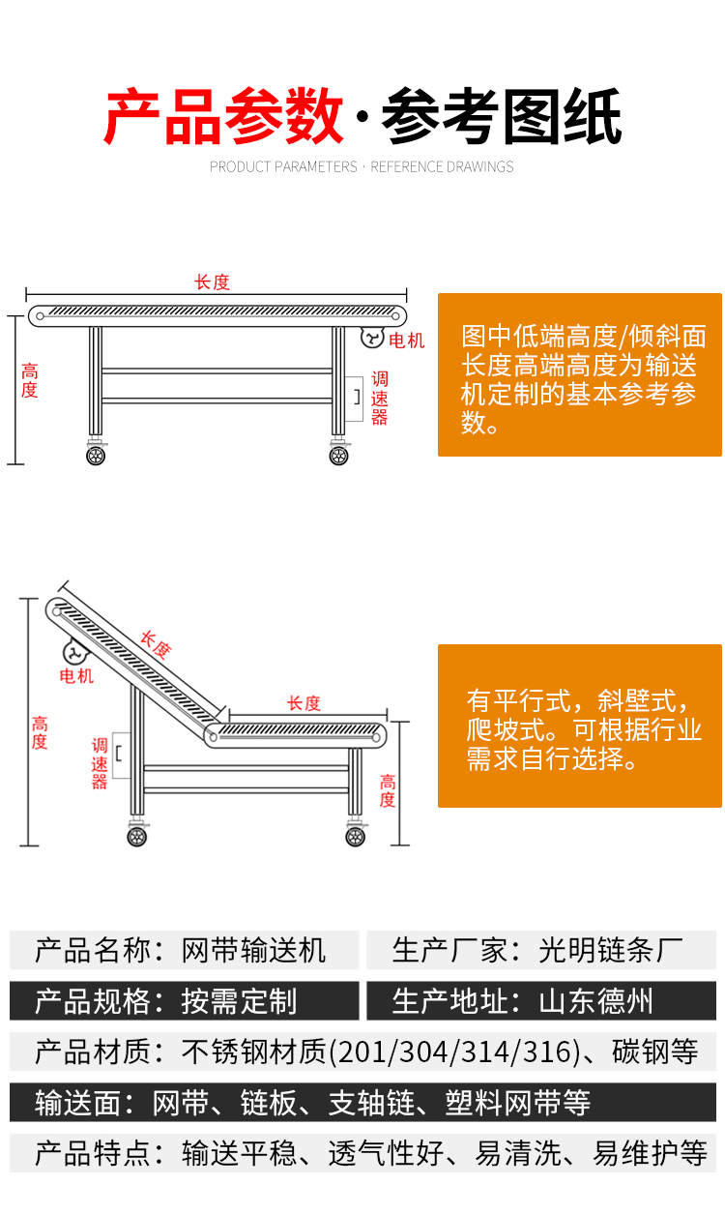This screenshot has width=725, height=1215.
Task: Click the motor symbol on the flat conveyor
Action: [372, 338]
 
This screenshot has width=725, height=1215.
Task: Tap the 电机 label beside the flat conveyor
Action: [406, 341]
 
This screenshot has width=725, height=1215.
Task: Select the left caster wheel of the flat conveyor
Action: [96, 456]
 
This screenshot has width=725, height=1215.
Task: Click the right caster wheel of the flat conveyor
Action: [338, 456]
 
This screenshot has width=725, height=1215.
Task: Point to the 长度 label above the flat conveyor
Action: [213, 282]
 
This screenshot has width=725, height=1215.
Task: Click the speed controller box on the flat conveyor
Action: [354, 399]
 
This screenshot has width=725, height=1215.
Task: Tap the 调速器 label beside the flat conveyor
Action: [379, 399]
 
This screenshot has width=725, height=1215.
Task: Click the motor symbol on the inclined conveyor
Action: [75, 654]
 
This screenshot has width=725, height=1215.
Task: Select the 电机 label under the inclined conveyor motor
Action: [76, 676]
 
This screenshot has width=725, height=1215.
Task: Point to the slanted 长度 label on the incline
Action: [156, 644]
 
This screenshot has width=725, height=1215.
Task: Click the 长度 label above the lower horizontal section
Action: [304, 703]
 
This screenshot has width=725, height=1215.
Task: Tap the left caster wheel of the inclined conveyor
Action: [137, 837]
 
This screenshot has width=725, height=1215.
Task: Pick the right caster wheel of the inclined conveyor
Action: [356, 837]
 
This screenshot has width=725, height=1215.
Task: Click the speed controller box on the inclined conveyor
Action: [122, 756]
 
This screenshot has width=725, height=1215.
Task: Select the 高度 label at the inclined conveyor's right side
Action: [388, 791]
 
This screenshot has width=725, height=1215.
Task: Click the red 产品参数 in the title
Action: [224, 116]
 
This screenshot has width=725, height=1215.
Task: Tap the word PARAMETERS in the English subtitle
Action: [320, 166]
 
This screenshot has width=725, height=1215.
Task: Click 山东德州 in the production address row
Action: [596, 1001]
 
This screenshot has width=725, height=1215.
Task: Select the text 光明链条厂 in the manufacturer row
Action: [611, 950]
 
